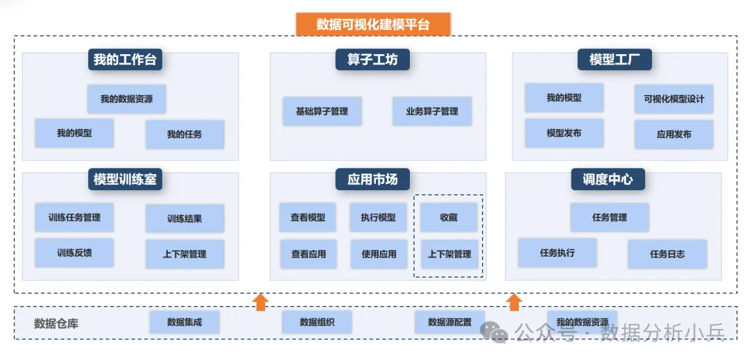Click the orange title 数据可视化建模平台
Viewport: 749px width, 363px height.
click(x=373, y=24)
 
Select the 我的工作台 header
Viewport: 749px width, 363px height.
click(x=125, y=60)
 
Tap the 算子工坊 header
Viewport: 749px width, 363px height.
click(x=372, y=60)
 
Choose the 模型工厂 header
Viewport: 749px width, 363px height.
click(x=614, y=60)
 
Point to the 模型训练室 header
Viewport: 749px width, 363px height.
click(x=125, y=180)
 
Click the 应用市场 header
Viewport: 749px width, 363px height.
click(x=372, y=180)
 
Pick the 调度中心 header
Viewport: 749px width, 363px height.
click(x=608, y=180)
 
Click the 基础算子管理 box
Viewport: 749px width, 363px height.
click(x=322, y=111)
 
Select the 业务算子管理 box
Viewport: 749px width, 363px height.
click(x=432, y=111)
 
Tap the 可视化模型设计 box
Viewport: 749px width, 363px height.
click(x=673, y=99)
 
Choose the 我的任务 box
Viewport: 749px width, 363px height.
click(x=184, y=134)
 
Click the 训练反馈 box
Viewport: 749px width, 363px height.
click(x=74, y=253)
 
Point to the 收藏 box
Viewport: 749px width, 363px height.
click(x=449, y=217)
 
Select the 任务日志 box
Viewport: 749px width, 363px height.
click(x=667, y=254)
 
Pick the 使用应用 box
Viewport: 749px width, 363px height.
click(x=379, y=254)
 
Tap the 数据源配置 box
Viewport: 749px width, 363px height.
click(x=449, y=322)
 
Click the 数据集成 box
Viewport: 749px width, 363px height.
click(x=184, y=322)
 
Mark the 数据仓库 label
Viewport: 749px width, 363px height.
click(x=56, y=323)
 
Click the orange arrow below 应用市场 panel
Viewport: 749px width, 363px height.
click(x=261, y=301)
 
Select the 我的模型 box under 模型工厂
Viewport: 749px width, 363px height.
click(x=564, y=98)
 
